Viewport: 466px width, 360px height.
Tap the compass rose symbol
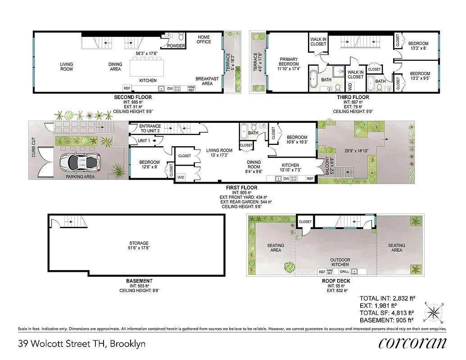[x=434, y=312]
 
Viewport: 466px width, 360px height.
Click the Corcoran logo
[x=412, y=343]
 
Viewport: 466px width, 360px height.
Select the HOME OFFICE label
[x=204, y=40]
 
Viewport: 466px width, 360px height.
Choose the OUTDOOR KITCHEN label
[x=340, y=262]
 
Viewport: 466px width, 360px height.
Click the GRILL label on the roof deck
[x=344, y=272]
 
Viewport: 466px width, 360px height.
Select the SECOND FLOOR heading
[x=133, y=97]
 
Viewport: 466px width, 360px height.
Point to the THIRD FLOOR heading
[x=353, y=97]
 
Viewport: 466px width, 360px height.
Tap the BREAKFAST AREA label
[x=207, y=81]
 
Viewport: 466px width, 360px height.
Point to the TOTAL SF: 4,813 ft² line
[x=386, y=313]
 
